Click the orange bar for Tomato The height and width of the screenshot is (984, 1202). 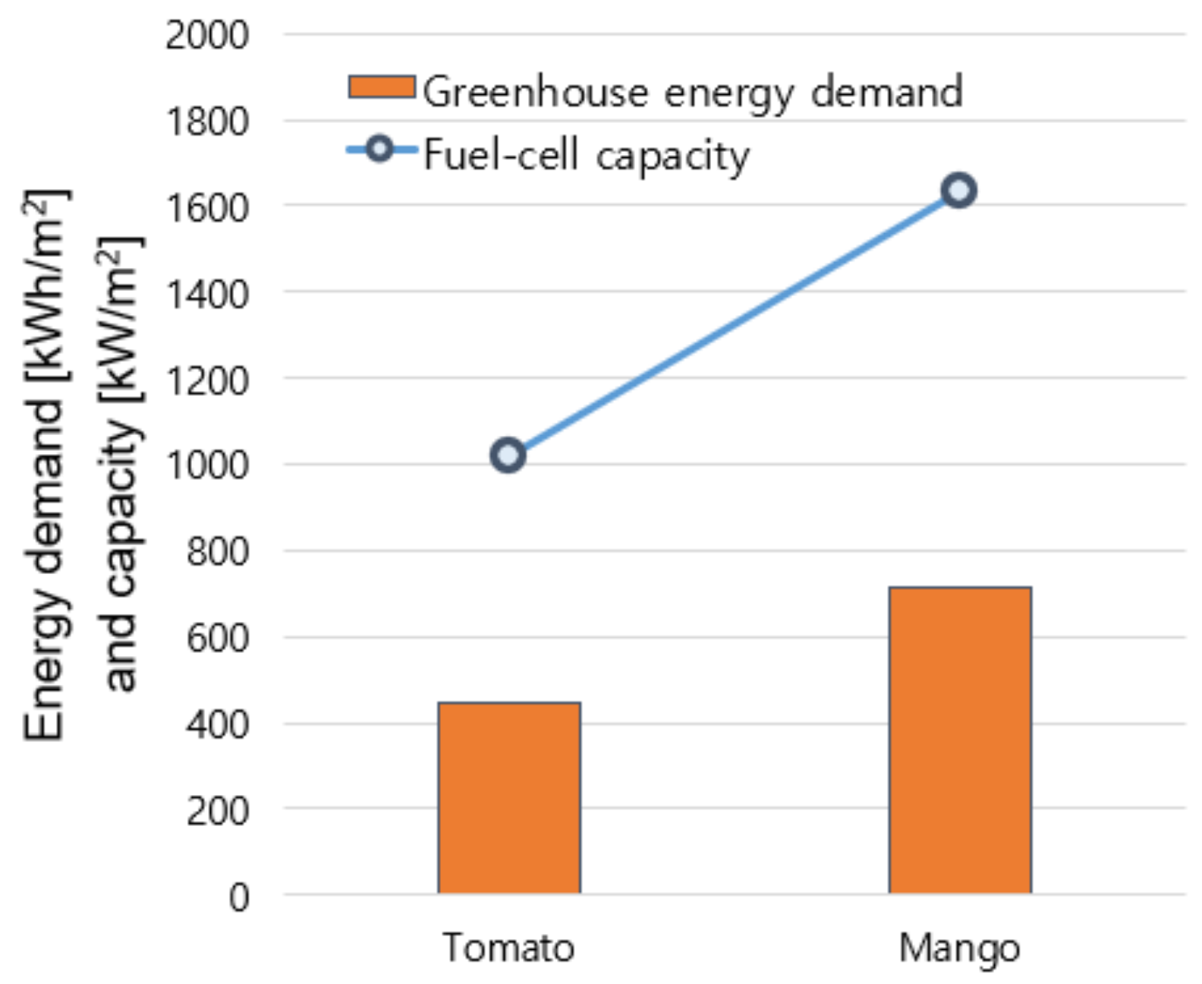tap(509, 797)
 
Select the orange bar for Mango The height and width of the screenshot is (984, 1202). tap(960, 740)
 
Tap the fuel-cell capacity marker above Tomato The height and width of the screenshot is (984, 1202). tap(508, 455)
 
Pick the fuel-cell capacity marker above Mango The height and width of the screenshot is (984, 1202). tap(959, 190)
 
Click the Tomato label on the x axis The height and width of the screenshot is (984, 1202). tap(508, 948)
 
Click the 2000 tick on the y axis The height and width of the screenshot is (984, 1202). tap(207, 35)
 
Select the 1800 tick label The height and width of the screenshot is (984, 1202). tap(207, 121)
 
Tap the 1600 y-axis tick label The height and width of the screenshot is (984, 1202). tap(207, 207)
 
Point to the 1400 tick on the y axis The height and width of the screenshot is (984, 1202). tap(207, 294)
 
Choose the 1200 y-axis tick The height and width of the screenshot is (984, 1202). tap(207, 380)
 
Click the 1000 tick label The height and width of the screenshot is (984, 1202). tap(207, 465)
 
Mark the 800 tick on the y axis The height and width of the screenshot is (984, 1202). tap(217, 552)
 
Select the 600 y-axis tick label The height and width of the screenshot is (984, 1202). tap(217, 638)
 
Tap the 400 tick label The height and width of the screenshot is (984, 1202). tap(217, 724)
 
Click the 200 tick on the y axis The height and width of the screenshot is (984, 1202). tap(217, 811)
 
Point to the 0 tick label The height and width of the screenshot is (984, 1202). tap(239, 897)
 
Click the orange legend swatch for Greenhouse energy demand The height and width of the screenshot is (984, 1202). tap(382, 87)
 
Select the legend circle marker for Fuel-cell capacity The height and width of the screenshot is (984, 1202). tap(379, 149)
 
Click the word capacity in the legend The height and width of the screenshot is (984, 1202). tap(672, 157)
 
